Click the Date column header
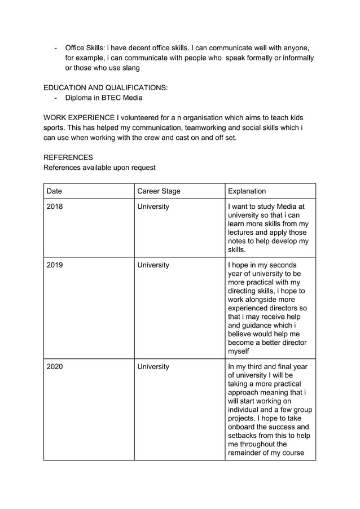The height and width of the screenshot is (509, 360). tap(54, 191)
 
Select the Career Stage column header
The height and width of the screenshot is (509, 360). tap(159, 191)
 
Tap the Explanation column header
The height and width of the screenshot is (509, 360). tap(247, 191)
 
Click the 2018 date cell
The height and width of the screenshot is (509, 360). tap(55, 207)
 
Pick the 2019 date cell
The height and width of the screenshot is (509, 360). tap(55, 265)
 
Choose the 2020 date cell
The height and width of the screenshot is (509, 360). tap(55, 366)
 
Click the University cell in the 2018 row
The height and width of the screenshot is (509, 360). tap(153, 207)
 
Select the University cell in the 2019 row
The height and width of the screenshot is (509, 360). tap(153, 265)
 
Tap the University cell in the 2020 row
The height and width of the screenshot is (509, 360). tap(153, 366)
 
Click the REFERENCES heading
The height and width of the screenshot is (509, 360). tap(68, 157)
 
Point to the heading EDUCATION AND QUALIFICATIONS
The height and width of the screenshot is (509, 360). tap(106, 87)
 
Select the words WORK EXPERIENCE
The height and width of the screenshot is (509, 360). tap(78, 117)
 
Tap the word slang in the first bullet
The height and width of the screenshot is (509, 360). tap(129, 68)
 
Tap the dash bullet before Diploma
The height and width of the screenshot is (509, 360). tap(55, 98)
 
